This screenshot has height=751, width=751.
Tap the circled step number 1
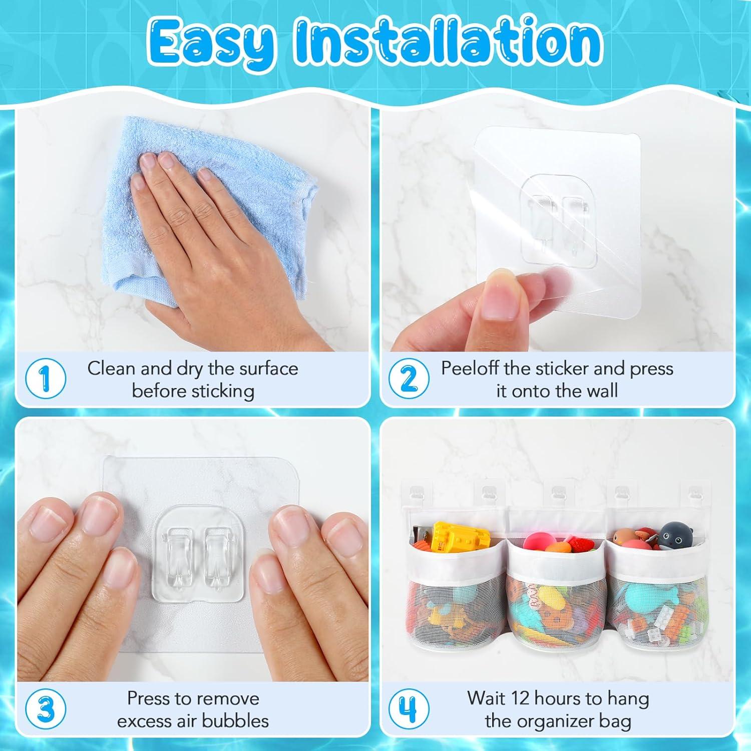coord(45,379)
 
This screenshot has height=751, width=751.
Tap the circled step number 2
coord(409,379)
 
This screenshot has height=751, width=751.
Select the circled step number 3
coord(45,709)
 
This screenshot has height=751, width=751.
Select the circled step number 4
coord(409,709)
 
